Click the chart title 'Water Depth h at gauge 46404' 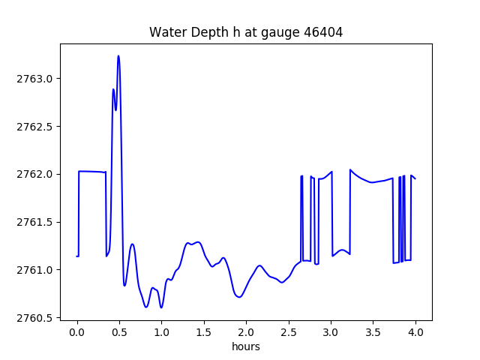coord(246,32)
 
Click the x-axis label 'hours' coord(246,347)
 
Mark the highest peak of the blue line coord(118,56)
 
